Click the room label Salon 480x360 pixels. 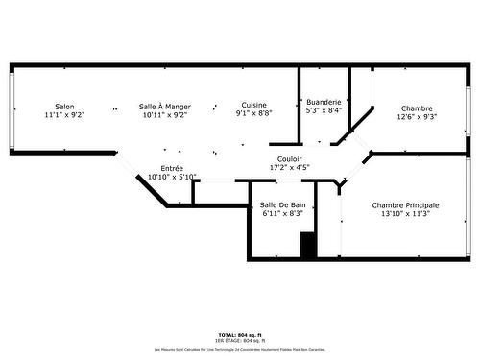point(64,107)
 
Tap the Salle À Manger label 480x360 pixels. point(163,107)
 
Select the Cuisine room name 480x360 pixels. point(254,105)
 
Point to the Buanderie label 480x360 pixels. point(323,102)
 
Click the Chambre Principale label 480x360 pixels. point(405,205)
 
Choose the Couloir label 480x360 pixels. point(290,159)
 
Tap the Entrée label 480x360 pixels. point(172,168)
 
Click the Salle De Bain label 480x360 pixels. point(283,205)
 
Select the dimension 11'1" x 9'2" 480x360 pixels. point(64,115)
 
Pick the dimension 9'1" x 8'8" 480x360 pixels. point(254,113)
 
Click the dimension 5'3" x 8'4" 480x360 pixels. point(323,110)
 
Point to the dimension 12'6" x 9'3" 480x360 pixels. point(417,117)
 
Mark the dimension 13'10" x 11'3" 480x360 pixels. point(405,214)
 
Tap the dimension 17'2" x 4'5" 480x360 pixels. point(290,168)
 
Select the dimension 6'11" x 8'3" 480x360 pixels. point(283,214)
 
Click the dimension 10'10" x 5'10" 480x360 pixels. point(172,177)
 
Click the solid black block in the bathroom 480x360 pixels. point(308,246)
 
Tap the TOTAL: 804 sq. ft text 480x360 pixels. point(240,335)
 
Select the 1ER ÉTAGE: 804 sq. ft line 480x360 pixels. point(240,341)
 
